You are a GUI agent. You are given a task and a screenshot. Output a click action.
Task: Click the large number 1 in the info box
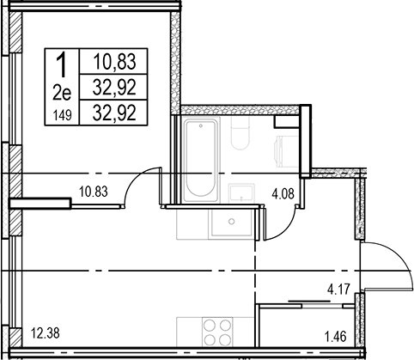tap(62, 65)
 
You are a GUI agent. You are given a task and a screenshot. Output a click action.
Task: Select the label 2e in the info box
tap(62, 94)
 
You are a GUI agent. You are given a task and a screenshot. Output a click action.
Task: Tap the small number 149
tap(62, 116)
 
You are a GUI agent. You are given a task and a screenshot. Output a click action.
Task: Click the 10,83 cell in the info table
tap(114, 61)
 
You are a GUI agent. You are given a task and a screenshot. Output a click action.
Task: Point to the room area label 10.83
tap(94, 192)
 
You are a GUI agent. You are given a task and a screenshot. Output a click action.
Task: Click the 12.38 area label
tap(46, 333)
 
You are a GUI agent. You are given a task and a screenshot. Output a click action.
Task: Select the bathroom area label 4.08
tap(283, 193)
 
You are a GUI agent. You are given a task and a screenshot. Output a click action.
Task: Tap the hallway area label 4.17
tap(338, 290)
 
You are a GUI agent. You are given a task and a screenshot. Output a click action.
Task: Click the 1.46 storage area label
tap(335, 336)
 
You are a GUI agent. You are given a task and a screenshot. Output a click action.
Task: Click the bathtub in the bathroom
tap(200, 161)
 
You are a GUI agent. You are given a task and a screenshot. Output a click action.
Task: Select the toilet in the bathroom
tap(240, 133)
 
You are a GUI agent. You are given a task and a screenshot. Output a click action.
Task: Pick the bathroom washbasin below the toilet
tap(241, 193)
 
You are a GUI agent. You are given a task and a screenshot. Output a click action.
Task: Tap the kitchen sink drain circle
tap(232, 222)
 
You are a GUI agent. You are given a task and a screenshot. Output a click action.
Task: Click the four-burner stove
tap(217, 333)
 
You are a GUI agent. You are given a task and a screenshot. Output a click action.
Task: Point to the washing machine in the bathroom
tap(287, 151)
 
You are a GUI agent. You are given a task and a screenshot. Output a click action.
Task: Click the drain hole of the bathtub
tap(201, 125)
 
